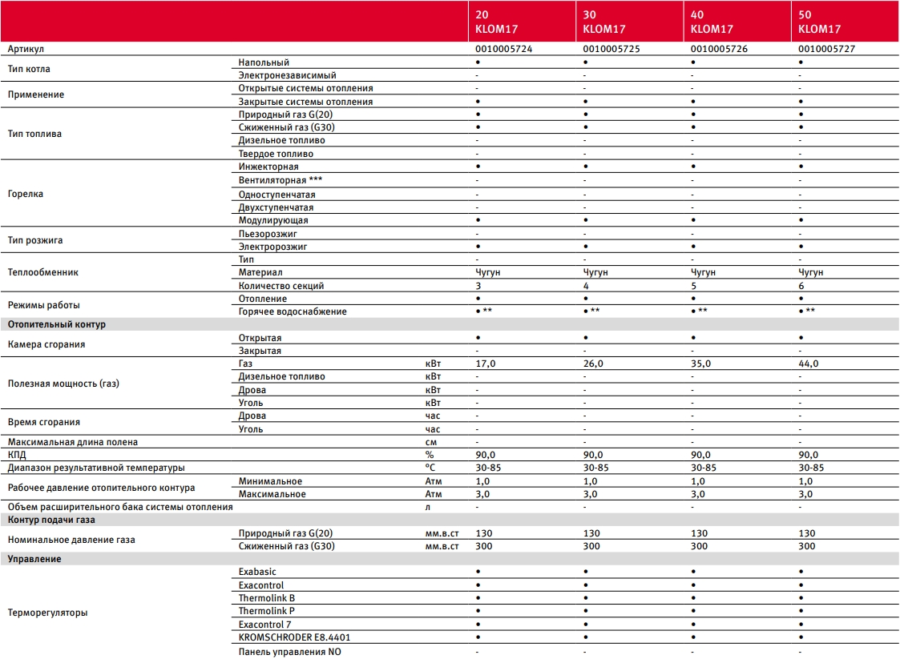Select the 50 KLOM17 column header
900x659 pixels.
(819, 22)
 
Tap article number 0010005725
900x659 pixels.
(611, 49)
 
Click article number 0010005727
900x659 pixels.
(827, 49)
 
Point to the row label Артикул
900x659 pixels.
(26, 49)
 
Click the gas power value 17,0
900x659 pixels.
(486, 364)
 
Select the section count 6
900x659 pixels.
(801, 286)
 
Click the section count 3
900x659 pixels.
(478, 286)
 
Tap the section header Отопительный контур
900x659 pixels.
(56, 324)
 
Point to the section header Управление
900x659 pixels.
(34, 559)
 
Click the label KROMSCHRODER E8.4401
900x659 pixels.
(294, 637)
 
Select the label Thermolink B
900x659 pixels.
(266, 598)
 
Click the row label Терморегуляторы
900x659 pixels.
(47, 613)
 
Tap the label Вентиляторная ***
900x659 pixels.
(280, 180)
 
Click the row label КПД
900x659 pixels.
(18, 454)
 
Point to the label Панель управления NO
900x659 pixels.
(289, 652)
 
